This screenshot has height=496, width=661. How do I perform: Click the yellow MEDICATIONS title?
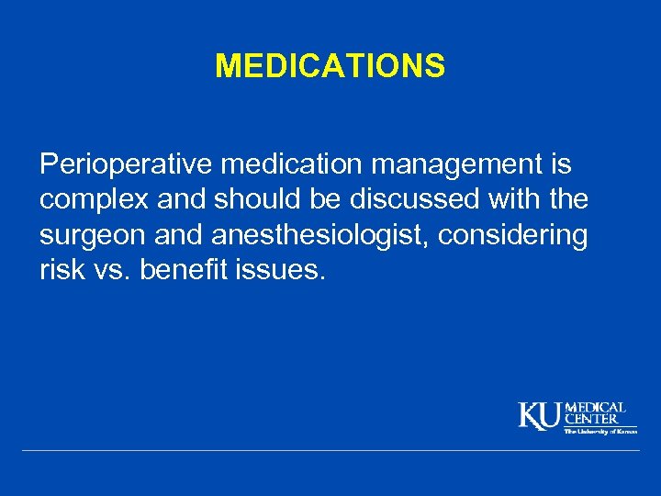click(x=330, y=66)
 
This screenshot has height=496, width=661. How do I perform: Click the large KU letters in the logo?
click(x=540, y=415)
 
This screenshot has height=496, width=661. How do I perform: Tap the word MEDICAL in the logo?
click(x=596, y=407)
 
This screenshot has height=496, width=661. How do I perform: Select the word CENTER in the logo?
click(x=591, y=419)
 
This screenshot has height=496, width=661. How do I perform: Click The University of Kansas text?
click(x=599, y=431)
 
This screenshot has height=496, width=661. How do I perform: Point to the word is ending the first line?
click(x=559, y=166)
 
